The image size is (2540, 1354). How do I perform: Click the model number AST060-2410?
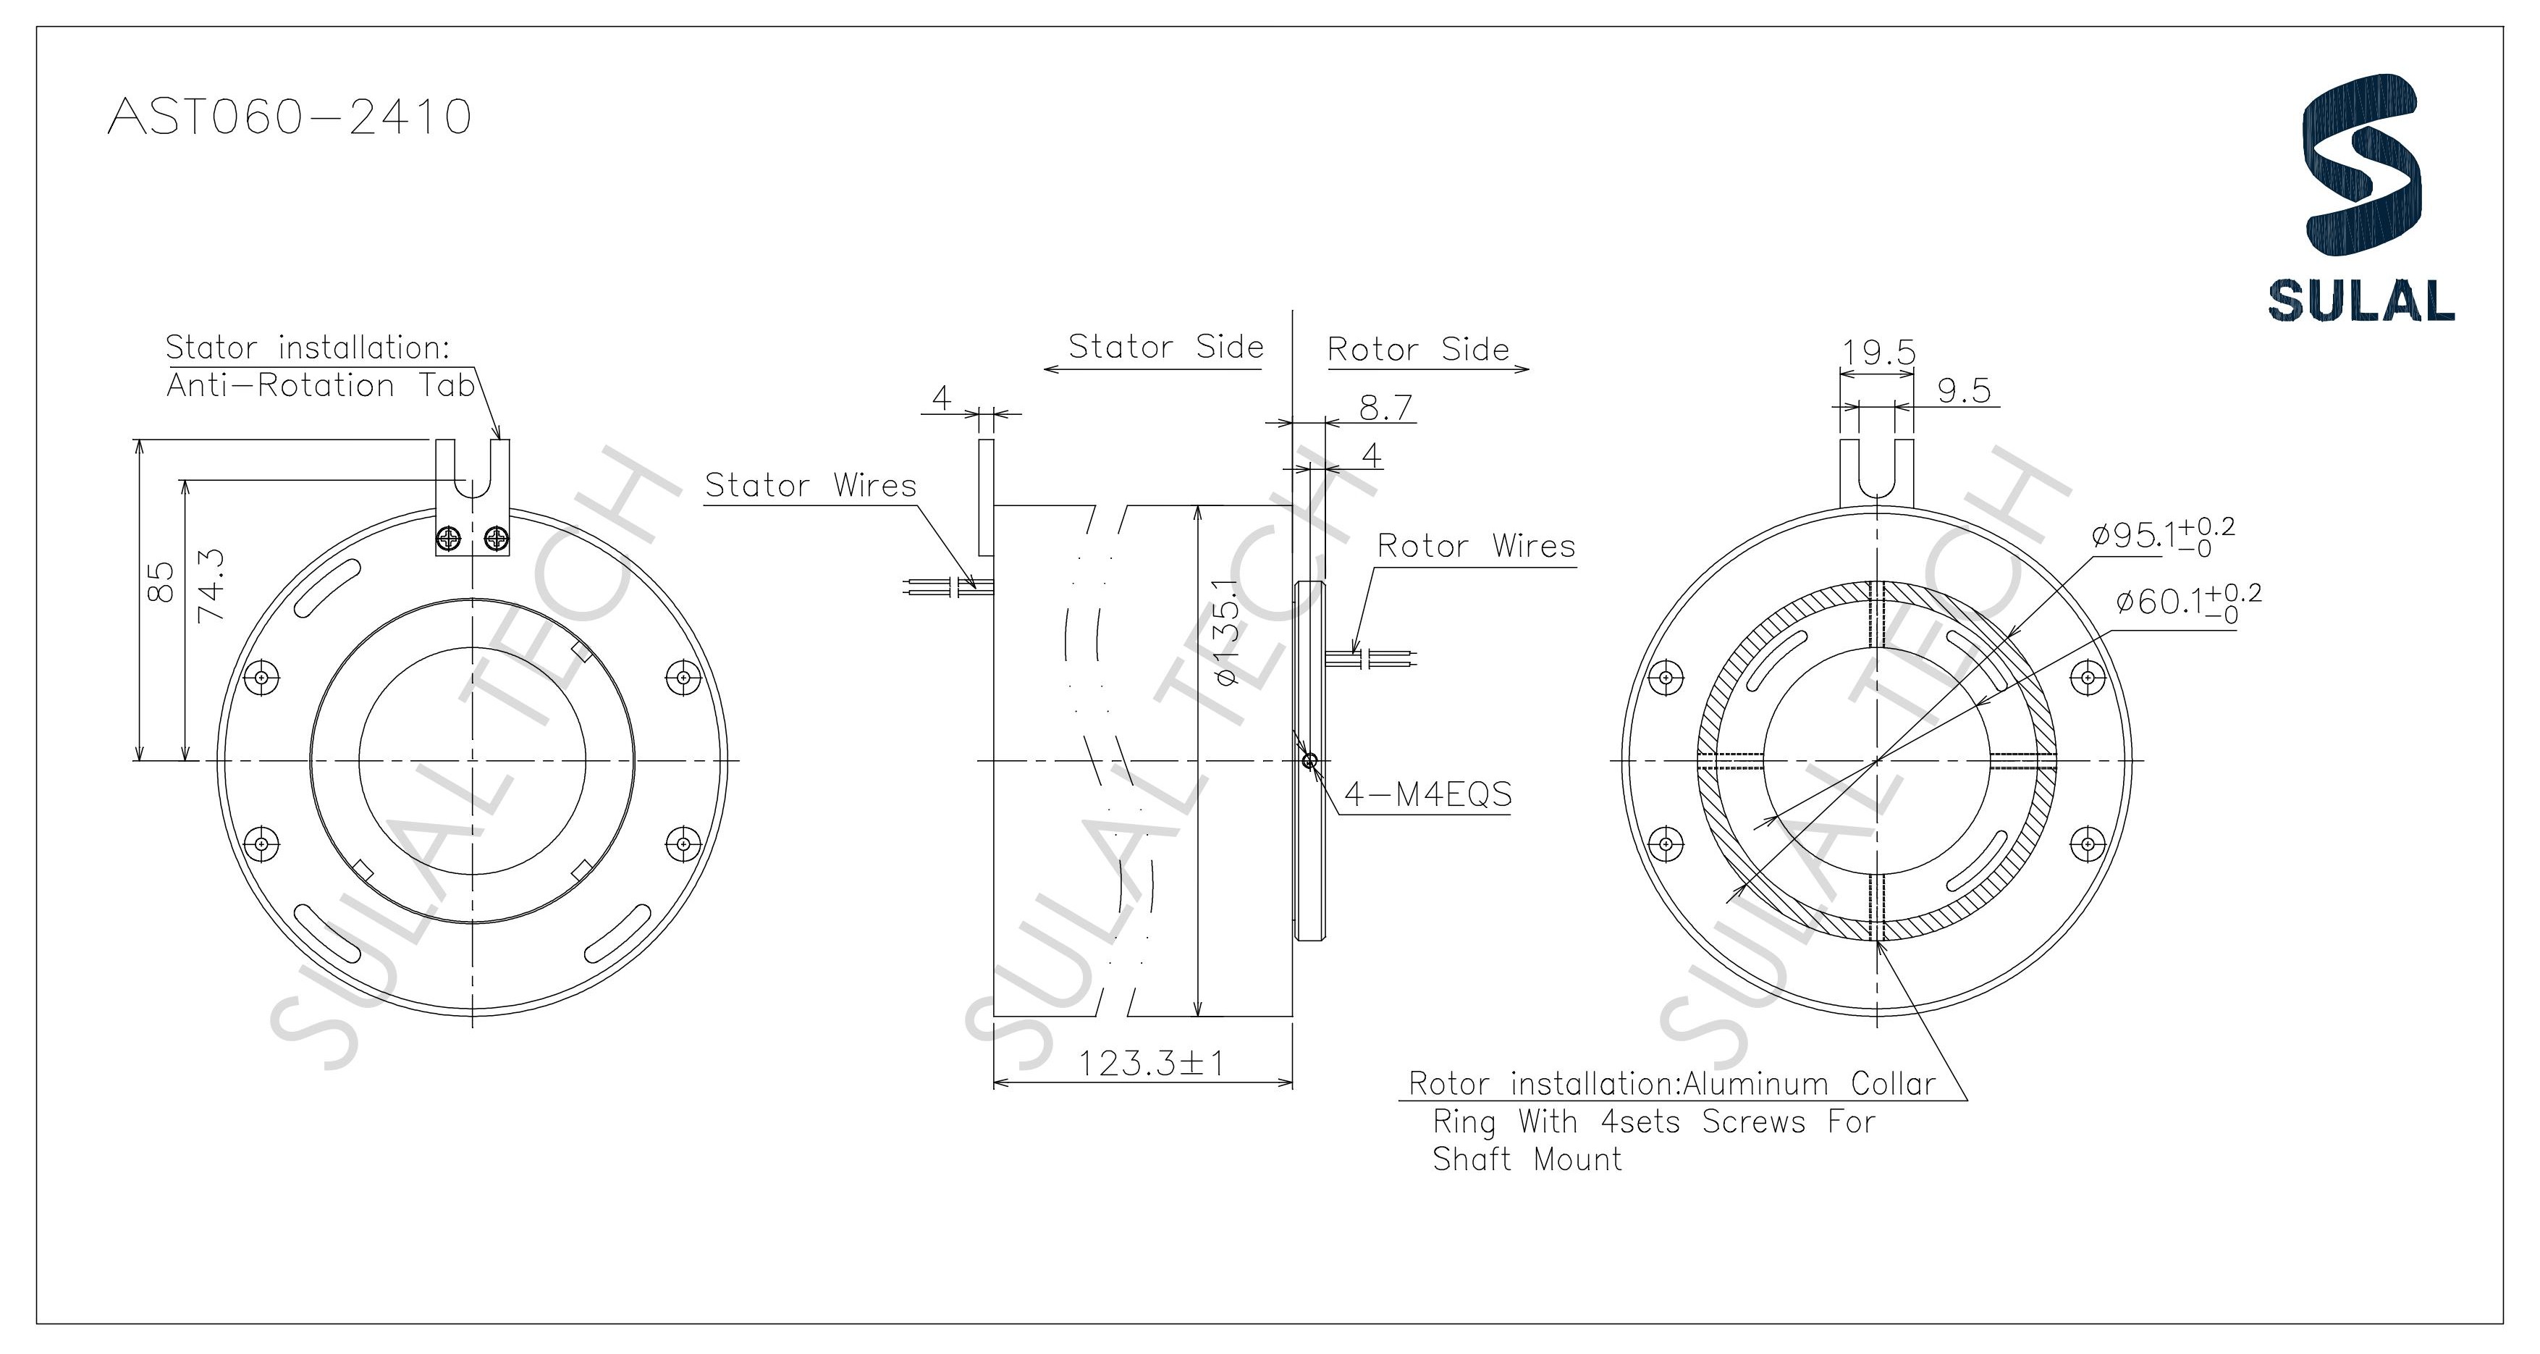coord(289,117)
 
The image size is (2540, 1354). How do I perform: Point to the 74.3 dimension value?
coord(211,585)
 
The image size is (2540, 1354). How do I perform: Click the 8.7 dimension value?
coord(1385,406)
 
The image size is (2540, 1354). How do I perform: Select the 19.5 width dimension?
coord(1878,352)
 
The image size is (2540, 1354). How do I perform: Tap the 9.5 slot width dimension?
coord(1963,390)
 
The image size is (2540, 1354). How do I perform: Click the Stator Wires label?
coord(809,485)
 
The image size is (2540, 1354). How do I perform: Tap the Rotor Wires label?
coord(1475,545)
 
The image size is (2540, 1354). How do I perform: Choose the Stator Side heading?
coord(1165,346)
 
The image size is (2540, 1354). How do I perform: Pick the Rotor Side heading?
coord(1418,349)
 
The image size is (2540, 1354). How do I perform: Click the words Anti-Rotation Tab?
coord(321,386)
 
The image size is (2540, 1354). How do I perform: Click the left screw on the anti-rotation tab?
coord(450,539)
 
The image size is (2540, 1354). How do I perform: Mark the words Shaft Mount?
coord(1527,1160)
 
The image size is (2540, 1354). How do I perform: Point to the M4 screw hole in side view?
coord(1309,760)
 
